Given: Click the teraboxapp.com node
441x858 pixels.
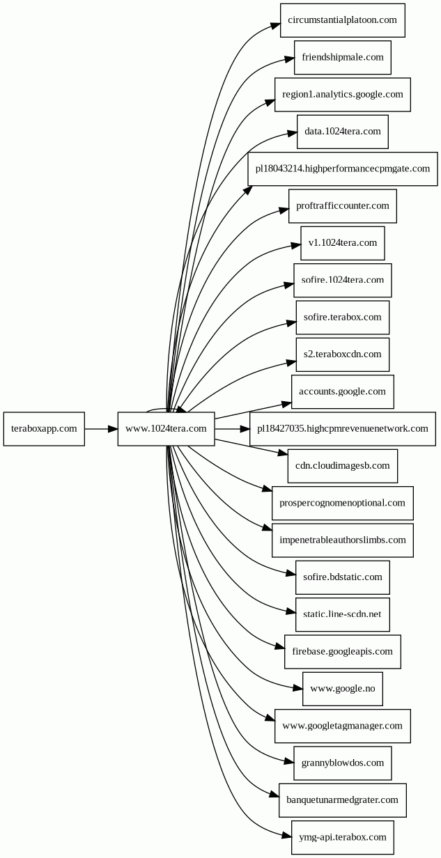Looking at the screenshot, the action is pyautogui.click(x=44, y=428).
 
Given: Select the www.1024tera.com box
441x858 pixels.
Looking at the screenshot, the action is pyautogui.click(x=166, y=428).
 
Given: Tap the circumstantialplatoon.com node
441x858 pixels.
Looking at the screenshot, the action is pyautogui.click(x=343, y=20).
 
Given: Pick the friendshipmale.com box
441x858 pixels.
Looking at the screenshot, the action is pyautogui.click(x=343, y=57).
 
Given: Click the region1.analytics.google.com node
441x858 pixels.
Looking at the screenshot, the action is pyautogui.click(x=343, y=95).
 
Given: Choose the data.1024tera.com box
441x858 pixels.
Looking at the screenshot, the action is pyautogui.click(x=343, y=132).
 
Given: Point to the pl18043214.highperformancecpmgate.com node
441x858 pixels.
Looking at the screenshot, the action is pyautogui.click(x=343, y=169).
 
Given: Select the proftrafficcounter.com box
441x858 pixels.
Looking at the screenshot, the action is pyautogui.click(x=343, y=206).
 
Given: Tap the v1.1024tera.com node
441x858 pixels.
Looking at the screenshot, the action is pyautogui.click(x=343, y=243).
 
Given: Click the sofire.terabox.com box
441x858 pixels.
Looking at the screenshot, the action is pyautogui.click(x=343, y=318).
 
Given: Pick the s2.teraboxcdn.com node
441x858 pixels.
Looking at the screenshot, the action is pyautogui.click(x=343, y=354).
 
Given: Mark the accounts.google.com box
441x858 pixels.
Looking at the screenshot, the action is pyautogui.click(x=343, y=392).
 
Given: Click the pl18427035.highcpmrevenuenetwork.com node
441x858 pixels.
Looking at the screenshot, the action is pyautogui.click(x=343, y=429).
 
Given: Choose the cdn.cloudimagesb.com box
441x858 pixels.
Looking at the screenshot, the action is pyautogui.click(x=343, y=466).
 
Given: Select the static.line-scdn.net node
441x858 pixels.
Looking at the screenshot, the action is pyautogui.click(x=343, y=615).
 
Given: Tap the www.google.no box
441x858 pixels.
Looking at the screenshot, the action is pyautogui.click(x=343, y=689).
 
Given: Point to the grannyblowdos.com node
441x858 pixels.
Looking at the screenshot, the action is pyautogui.click(x=343, y=763).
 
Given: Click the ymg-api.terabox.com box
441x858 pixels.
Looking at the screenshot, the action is pyautogui.click(x=343, y=838).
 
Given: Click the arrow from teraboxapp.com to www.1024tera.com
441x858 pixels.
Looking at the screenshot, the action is pyautogui.click(x=101, y=429).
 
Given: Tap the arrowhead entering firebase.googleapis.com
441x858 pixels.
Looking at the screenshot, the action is pyautogui.click(x=280, y=647).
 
